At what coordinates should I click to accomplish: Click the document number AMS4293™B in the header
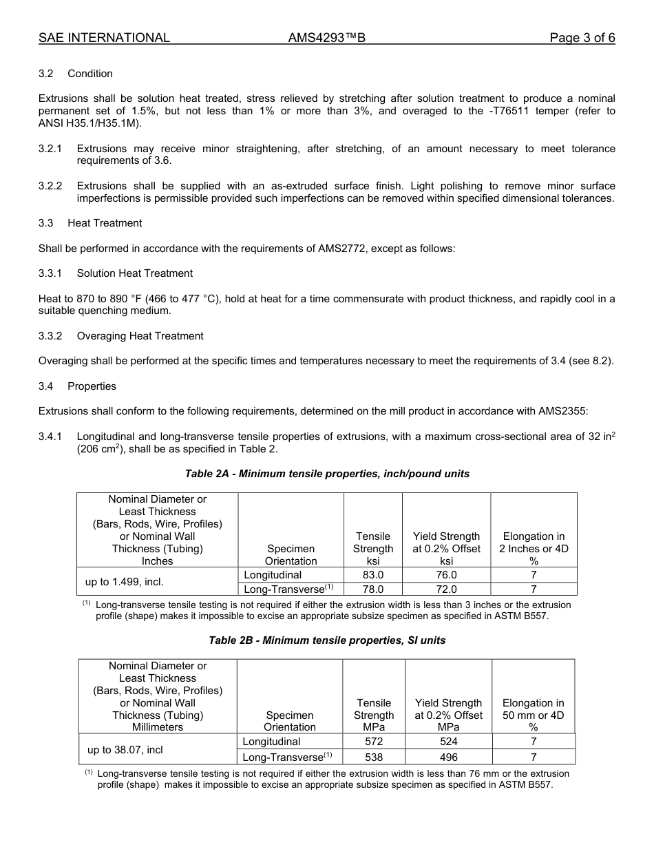[326, 39]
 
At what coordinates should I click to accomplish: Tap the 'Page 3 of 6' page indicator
[582, 39]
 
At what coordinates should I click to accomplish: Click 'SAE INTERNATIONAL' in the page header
[104, 39]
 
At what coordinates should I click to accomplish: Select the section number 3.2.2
[50, 186]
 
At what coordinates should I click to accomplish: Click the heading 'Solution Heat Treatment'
[134, 273]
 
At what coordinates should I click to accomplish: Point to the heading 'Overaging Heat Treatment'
[140, 336]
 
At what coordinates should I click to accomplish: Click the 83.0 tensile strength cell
[372, 574]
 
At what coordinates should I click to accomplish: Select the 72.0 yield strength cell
[446, 589]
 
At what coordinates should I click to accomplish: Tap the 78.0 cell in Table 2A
[372, 589]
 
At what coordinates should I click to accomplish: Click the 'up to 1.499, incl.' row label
[124, 582]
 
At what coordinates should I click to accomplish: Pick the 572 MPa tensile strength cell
[374, 742]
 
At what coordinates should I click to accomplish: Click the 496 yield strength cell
[448, 757]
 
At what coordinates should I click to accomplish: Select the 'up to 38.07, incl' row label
[125, 749]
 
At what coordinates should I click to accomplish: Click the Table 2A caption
[327, 474]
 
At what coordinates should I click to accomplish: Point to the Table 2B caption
[327, 640]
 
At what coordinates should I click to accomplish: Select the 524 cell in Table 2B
[448, 742]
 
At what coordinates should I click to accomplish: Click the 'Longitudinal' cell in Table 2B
[271, 742]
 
